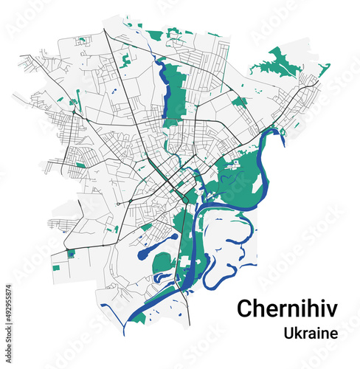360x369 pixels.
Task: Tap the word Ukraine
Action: coord(311,333)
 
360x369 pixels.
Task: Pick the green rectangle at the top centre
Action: coord(155,35)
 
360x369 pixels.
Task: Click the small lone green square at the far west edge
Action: coord(56,266)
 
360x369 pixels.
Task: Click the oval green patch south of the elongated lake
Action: coord(163,262)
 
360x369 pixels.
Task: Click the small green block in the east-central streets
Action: coord(239,102)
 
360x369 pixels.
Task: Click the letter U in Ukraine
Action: coord(288,333)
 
